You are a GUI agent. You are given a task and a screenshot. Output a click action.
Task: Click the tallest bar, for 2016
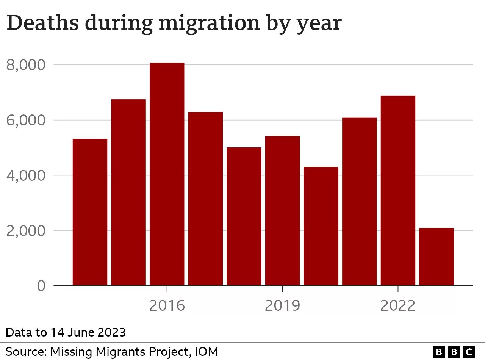tap(167, 174)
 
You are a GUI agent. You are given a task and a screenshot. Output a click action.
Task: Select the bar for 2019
tap(283, 211)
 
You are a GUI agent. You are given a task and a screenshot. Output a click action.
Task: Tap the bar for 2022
tap(398, 191)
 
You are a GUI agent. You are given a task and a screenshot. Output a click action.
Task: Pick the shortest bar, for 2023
tap(436, 257)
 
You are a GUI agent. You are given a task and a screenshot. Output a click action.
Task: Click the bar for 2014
tap(90, 212)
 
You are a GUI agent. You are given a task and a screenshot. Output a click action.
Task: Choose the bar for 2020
tap(321, 226)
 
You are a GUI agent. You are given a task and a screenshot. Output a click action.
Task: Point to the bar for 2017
tap(205, 199)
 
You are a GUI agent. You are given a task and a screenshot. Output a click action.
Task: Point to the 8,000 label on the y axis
tap(26, 65)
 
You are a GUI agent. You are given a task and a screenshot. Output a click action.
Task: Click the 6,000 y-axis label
tap(26, 120)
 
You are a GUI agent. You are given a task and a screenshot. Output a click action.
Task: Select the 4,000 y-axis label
tap(26, 175)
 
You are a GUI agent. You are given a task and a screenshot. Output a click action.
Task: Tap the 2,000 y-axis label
tap(26, 230)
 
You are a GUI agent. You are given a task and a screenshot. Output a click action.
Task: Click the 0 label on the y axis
tap(41, 286)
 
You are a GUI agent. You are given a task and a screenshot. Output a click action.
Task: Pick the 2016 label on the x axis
tap(167, 305)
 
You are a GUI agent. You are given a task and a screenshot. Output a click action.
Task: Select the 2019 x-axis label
tap(283, 305)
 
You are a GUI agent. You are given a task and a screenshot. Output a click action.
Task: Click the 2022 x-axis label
tap(398, 305)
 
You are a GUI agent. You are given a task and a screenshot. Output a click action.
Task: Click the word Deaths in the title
tap(43, 22)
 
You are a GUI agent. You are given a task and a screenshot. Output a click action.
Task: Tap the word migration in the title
tap(210, 24)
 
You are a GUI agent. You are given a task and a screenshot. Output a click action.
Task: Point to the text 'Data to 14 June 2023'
tap(66, 332)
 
